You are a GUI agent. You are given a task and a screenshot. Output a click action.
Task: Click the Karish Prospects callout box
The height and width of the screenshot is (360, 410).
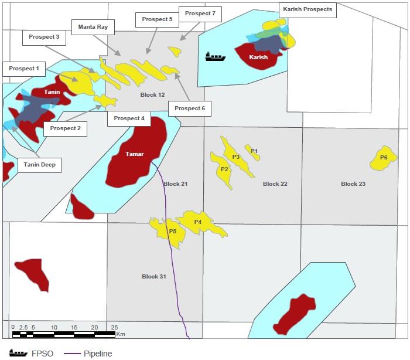tap(307, 9)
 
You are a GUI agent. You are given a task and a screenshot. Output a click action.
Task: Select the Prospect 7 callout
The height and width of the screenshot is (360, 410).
tap(200, 13)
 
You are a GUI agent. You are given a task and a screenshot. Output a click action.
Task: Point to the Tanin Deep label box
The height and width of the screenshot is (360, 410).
tap(40, 165)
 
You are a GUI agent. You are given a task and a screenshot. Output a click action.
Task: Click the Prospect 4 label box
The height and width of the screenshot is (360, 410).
tap(129, 118)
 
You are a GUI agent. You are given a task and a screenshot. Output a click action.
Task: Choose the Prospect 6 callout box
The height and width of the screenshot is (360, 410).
tap(190, 108)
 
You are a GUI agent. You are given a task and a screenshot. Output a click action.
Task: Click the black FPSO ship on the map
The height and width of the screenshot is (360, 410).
tap(215, 57)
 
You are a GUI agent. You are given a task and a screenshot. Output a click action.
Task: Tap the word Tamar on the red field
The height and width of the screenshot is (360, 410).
tap(135, 154)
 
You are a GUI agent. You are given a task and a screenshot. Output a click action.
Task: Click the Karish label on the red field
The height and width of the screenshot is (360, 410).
tap(258, 57)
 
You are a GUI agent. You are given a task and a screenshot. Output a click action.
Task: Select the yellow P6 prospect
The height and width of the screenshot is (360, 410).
tap(384, 158)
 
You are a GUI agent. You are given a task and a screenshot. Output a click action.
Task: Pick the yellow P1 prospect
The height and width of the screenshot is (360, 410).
tap(253, 151)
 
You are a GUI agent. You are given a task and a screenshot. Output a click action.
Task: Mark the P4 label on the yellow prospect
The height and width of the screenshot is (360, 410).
tap(198, 222)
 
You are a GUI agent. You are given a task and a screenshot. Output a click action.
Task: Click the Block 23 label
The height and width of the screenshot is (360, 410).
tap(353, 184)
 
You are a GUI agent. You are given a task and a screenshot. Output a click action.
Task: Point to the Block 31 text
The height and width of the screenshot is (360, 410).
tap(154, 276)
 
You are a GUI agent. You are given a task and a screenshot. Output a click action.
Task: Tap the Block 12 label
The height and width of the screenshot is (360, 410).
tap(153, 95)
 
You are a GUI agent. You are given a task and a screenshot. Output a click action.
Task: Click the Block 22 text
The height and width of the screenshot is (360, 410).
tap(275, 184)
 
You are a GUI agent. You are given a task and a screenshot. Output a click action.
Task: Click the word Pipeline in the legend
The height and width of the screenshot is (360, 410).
tap(98, 354)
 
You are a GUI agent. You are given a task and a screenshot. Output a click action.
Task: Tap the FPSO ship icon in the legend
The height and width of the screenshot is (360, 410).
tap(18, 354)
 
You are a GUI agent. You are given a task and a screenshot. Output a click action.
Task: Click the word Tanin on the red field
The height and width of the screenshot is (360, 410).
tap(52, 92)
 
